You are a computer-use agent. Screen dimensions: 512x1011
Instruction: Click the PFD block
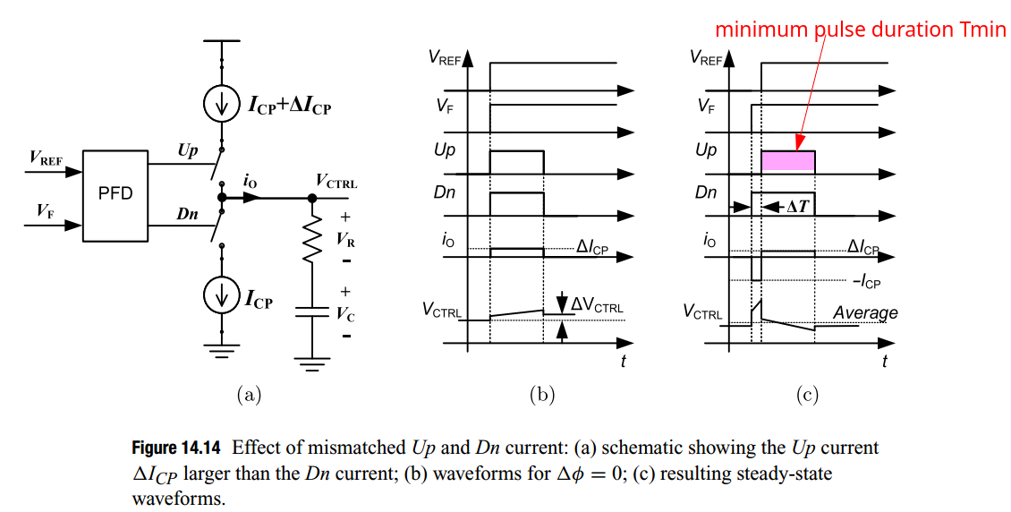coord(115,194)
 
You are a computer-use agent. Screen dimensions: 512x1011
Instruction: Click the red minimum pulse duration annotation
coord(860,30)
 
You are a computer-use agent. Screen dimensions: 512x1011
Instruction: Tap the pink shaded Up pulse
coord(787,161)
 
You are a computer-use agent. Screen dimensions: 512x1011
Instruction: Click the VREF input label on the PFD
coord(46,158)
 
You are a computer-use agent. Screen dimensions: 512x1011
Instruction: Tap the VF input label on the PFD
coord(43,211)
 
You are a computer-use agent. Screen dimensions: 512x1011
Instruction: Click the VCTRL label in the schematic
coord(336,183)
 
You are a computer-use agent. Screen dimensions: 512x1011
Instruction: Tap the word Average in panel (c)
coord(864,312)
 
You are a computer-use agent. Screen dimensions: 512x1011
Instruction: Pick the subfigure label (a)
coord(248,394)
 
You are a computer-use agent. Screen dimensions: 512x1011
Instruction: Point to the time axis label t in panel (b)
coord(623,360)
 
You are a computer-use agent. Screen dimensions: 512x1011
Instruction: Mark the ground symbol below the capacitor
coord(311,362)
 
